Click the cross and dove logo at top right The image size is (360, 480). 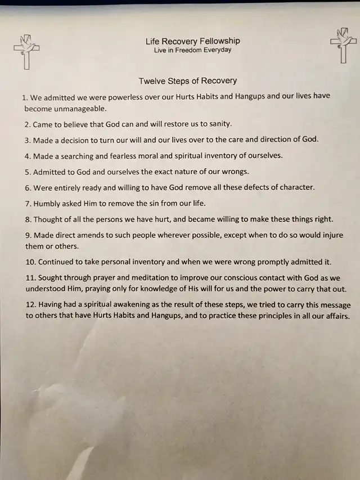[343, 45]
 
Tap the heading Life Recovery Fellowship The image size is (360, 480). [192, 41]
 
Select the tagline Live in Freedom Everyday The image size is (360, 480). [192, 50]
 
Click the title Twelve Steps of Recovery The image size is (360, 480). [188, 81]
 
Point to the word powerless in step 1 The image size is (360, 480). [116, 96]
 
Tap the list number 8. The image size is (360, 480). [27, 219]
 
